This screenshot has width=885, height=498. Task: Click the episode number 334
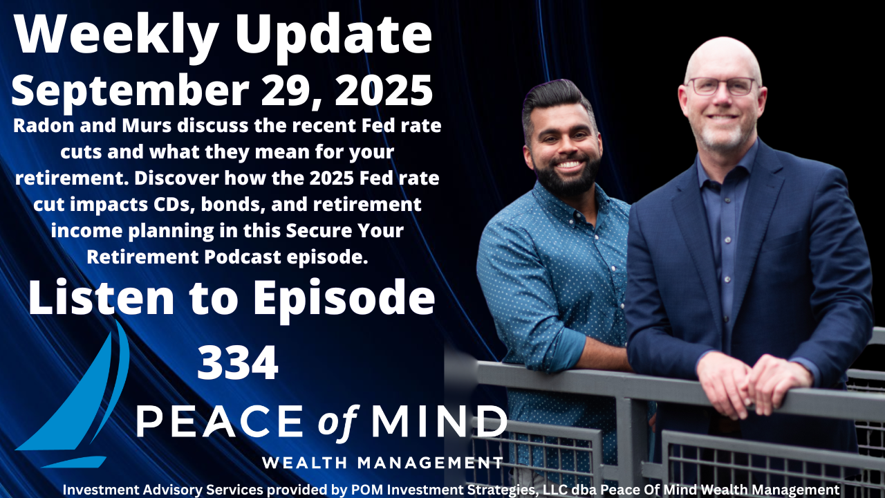pyautogui.click(x=237, y=363)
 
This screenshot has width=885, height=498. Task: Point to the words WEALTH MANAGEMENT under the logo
pyautogui.click(x=382, y=461)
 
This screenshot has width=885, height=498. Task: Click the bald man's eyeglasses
pyautogui.click(x=720, y=86)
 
